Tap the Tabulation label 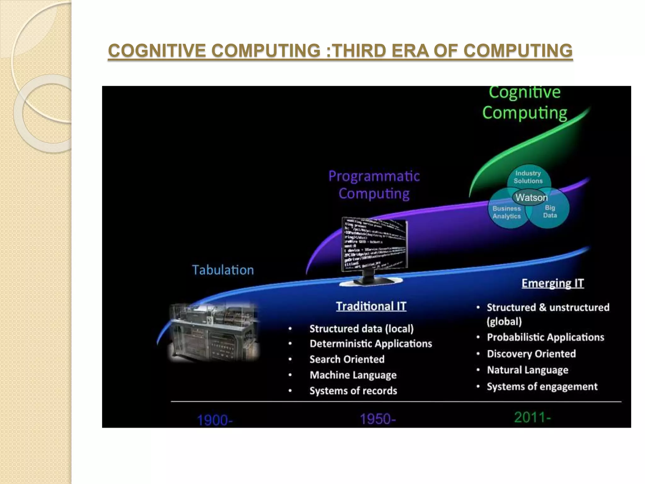click(223, 270)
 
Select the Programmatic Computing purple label click(374, 185)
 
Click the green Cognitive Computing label click(525, 103)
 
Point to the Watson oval click(531, 198)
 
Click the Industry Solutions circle click(528, 177)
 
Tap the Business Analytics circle click(506, 212)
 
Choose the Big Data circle click(550, 211)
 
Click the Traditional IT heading click(371, 306)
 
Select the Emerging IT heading click(552, 283)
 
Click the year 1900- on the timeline click(214, 420)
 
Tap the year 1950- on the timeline click(377, 419)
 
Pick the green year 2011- click(532, 418)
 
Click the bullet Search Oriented click(347, 359)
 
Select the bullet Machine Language click(353, 375)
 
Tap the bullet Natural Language click(528, 370)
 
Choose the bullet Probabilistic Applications click(545, 337)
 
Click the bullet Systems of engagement click(542, 386)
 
